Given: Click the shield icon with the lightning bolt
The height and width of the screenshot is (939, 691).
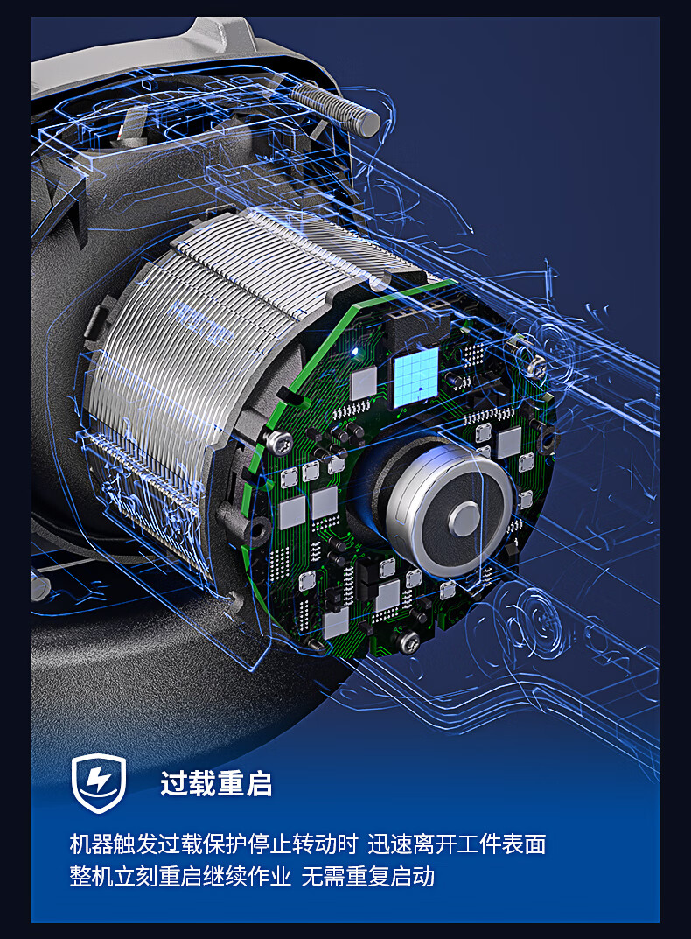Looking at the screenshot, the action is pyautogui.click(x=99, y=782).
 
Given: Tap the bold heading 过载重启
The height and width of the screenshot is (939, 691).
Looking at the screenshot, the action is pyautogui.click(x=216, y=783).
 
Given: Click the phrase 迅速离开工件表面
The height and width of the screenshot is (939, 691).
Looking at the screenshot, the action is pyautogui.click(x=457, y=844).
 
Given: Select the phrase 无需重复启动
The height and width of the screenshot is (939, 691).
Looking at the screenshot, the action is pyautogui.click(x=367, y=876).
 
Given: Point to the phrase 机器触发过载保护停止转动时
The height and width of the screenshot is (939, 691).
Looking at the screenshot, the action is pyautogui.click(x=213, y=844).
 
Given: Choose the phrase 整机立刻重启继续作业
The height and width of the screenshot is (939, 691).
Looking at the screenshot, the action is pyautogui.click(x=180, y=876).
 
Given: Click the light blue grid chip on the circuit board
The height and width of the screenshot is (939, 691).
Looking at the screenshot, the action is pyautogui.click(x=416, y=376).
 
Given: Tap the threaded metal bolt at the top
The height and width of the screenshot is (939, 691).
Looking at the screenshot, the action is pyautogui.click(x=335, y=107).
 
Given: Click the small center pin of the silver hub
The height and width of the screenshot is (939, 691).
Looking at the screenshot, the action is pyautogui.click(x=464, y=519).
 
